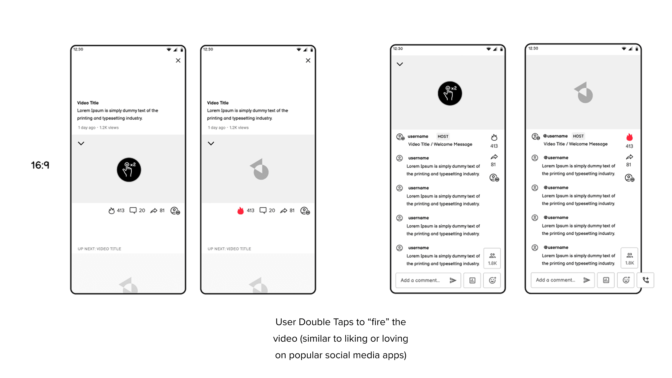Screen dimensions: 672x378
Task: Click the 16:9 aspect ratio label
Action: pyautogui.click(x=40, y=165)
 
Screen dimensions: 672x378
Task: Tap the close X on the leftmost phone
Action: pyautogui.click(x=178, y=60)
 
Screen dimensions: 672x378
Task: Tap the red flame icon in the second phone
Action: pyautogui.click(x=240, y=211)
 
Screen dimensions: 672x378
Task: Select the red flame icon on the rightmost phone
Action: pyautogui.click(x=629, y=137)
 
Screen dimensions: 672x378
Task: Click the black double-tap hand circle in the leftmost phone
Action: pyautogui.click(x=129, y=170)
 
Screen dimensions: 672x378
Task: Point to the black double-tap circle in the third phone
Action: pyautogui.click(x=450, y=93)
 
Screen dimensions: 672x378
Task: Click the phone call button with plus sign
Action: pyautogui.click(x=646, y=280)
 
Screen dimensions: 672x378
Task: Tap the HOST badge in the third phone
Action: pyautogui.click(x=443, y=136)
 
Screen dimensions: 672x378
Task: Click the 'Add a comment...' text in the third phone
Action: pyautogui.click(x=420, y=280)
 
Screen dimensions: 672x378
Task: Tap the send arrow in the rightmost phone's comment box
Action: pyautogui.click(x=587, y=280)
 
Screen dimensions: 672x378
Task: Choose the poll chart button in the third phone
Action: pyautogui.click(x=472, y=280)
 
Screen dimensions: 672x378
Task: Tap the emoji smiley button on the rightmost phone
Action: pyautogui.click(x=626, y=280)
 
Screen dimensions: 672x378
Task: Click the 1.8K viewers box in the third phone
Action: pyautogui.click(x=492, y=258)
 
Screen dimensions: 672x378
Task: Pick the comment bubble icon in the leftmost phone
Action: pyautogui.click(x=133, y=211)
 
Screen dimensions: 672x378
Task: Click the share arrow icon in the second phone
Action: pyautogui.click(x=284, y=211)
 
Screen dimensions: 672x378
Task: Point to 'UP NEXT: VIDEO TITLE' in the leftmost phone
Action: pyautogui.click(x=99, y=249)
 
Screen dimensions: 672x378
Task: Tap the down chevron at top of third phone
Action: pyautogui.click(x=400, y=64)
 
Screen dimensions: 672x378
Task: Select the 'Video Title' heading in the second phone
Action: pyautogui.click(x=218, y=103)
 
